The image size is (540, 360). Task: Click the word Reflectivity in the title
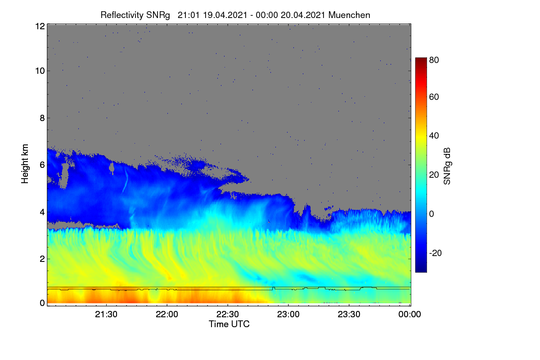pyautogui.click(x=122, y=15)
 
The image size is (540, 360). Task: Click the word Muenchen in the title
pyautogui.click(x=349, y=15)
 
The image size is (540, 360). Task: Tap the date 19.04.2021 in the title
pyautogui.click(x=225, y=15)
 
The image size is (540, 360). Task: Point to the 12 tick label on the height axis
pyautogui.click(x=40, y=26)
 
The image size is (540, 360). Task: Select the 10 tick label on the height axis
pyautogui.click(x=40, y=71)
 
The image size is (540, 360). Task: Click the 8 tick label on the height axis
pyautogui.click(x=42, y=118)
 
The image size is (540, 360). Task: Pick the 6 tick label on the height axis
pyautogui.click(x=42, y=165)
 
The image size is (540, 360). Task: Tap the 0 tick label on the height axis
pyautogui.click(x=42, y=303)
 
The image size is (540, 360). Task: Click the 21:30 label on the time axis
pyautogui.click(x=106, y=314)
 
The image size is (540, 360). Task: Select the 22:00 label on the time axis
pyautogui.click(x=167, y=314)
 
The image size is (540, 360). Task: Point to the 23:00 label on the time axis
pyautogui.click(x=288, y=314)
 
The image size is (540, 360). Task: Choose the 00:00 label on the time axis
pyautogui.click(x=409, y=314)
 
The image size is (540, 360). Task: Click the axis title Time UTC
pyautogui.click(x=229, y=324)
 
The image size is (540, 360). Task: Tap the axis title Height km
pyautogui.click(x=25, y=164)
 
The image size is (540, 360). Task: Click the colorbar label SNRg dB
pyautogui.click(x=447, y=166)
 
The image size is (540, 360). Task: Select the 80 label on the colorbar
pyautogui.click(x=434, y=60)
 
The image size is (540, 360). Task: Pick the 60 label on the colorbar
pyautogui.click(x=434, y=97)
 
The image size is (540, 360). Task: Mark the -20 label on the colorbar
pyautogui.click(x=436, y=253)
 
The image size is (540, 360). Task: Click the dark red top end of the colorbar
pyautogui.click(x=421, y=58)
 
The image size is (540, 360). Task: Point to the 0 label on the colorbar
pyautogui.click(x=432, y=214)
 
